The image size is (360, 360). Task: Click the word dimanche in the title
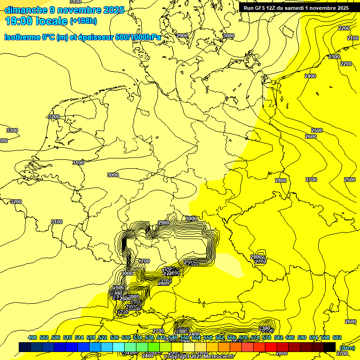tap(25, 9)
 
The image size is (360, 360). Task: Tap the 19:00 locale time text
tap(36, 21)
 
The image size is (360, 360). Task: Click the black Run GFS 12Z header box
tap(296, 8)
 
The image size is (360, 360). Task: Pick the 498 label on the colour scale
tap(32, 338)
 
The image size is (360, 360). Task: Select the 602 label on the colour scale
tap(337, 338)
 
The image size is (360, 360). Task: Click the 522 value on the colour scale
tap(103, 338)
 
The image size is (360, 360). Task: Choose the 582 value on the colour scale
tap(278, 338)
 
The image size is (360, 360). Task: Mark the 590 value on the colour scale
tap(301, 338)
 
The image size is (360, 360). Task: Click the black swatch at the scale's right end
tap(330, 347)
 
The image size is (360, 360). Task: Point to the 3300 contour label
tap(12, 130)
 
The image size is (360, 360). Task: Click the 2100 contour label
tap(353, 38)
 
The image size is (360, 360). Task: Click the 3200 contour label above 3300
tap(54, 117)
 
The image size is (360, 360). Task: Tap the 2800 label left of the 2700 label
tap(280, 180)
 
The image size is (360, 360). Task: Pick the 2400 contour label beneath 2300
tap(310, 76)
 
